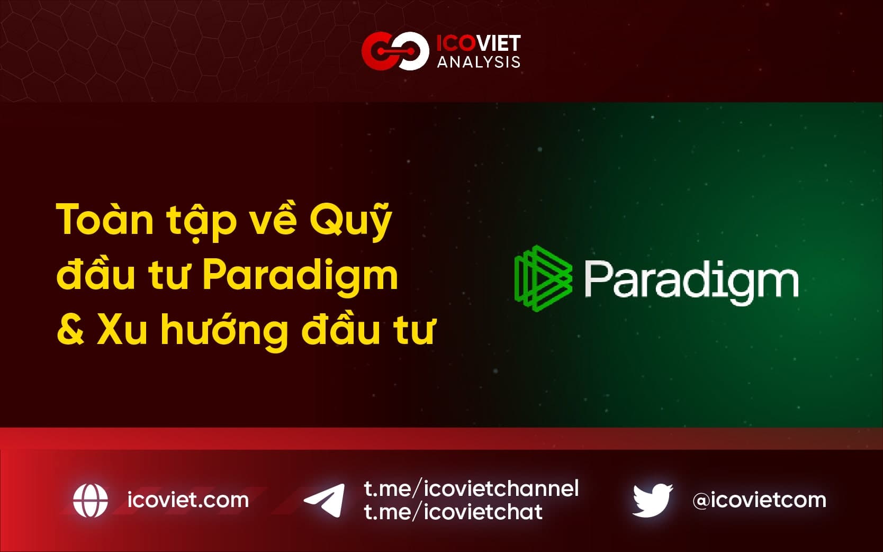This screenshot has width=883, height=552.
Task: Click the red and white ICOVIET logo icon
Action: click(395, 51)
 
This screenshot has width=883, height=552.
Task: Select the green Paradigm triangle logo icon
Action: click(543, 278)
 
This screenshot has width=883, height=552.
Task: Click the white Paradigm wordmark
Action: click(691, 282)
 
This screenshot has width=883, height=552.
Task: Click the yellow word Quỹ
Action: click(351, 219)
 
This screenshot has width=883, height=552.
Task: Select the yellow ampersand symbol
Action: click(70, 330)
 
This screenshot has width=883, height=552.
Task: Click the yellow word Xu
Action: click(122, 330)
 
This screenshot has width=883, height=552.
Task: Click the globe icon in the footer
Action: click(91, 500)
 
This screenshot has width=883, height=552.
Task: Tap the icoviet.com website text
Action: click(188, 500)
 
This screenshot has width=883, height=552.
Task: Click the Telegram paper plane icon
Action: click(325, 500)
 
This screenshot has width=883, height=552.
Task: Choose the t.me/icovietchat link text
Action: click(453, 511)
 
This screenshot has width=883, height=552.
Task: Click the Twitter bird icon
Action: click(652, 500)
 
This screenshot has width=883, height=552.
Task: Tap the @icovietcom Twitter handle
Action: click(759, 500)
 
